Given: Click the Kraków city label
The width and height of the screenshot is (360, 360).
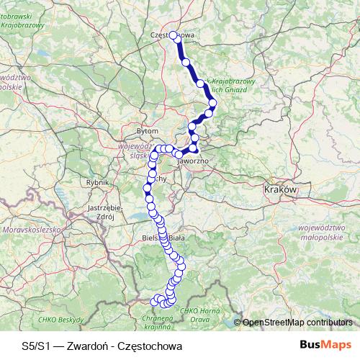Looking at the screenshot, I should point(280,189).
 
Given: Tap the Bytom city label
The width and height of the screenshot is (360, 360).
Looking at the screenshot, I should point(148,132).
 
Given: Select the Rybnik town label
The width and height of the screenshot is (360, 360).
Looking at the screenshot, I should point(96,183).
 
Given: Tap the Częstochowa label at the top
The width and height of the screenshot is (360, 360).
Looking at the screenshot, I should point(173,34).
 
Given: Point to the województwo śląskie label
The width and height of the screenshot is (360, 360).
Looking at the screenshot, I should point(137,150).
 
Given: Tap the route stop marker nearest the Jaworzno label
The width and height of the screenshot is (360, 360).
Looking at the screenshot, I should point(194,149).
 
